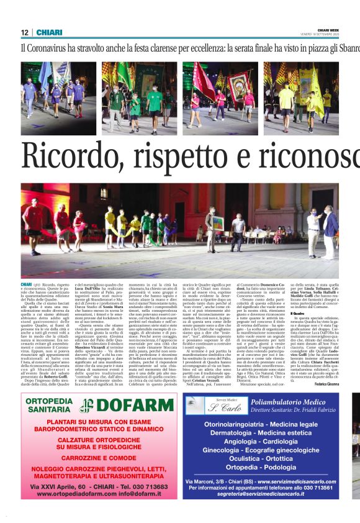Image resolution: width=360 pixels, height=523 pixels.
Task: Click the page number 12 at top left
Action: [24, 32]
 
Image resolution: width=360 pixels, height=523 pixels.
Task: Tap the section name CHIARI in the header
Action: [48, 32]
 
